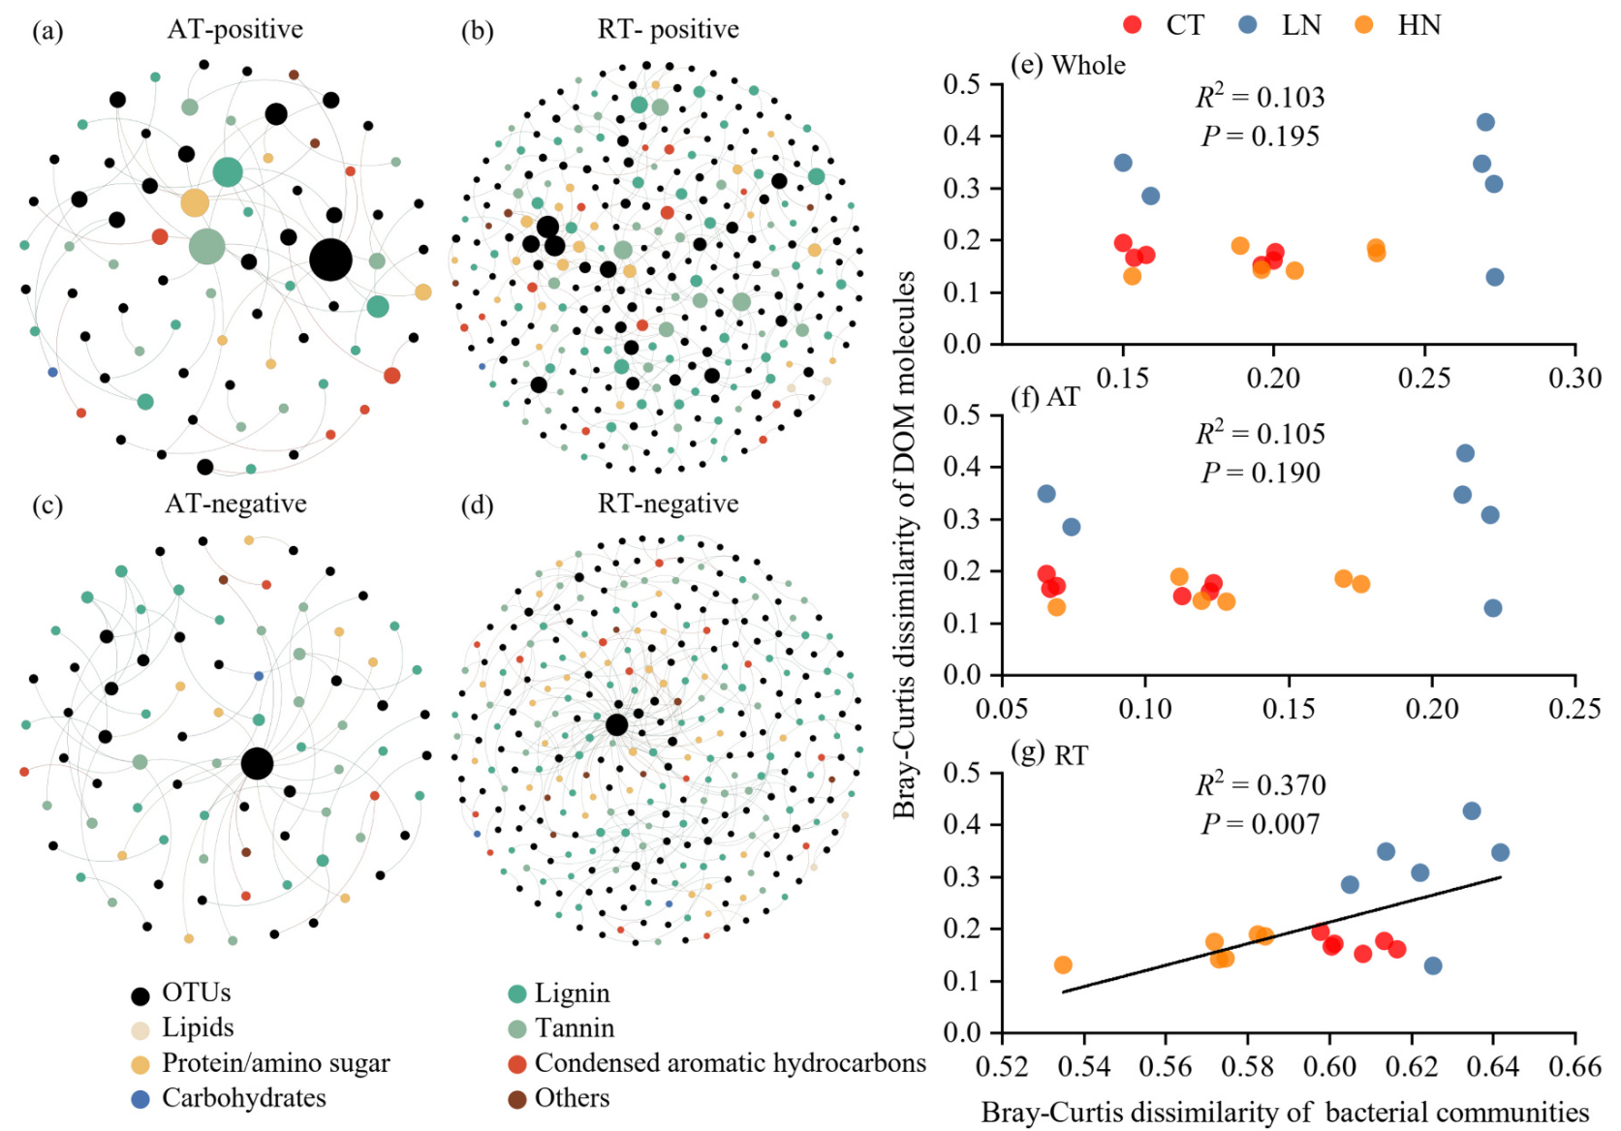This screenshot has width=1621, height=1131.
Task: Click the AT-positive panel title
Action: point(234,29)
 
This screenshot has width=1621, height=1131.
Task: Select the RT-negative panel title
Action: point(668,504)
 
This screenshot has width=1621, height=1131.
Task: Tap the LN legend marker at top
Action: point(1248,25)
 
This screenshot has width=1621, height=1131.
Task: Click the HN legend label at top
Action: point(1418,25)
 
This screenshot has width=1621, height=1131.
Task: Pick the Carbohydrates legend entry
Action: point(243,1098)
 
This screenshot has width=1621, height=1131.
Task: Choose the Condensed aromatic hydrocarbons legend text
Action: point(730,1063)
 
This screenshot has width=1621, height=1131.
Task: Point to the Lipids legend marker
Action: point(140,1029)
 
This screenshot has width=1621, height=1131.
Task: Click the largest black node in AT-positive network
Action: point(330,260)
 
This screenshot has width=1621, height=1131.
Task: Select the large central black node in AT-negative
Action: point(257,763)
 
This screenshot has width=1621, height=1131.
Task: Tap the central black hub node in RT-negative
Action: point(616,724)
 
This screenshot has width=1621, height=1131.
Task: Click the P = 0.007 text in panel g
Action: point(1260,824)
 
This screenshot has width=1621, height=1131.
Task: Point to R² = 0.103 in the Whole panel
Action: point(1260,97)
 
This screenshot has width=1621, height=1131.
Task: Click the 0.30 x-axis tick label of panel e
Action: point(1574,379)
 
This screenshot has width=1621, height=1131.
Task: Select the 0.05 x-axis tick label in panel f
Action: point(1002,709)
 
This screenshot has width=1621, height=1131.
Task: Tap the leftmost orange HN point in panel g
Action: point(1063,964)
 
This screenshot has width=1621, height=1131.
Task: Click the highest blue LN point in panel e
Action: point(1485,122)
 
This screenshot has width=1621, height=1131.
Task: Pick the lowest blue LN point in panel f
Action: point(1493,608)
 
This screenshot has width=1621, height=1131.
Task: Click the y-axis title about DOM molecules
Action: point(904,544)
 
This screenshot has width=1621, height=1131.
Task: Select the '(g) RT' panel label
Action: point(1048,754)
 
